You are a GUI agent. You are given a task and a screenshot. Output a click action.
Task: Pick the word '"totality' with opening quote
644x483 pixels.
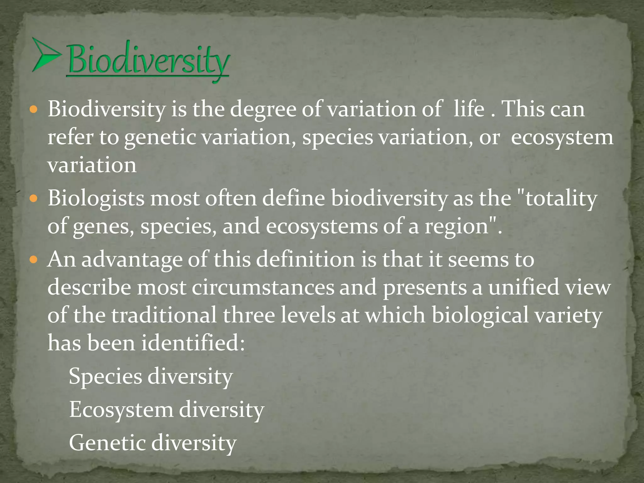coord(557,199)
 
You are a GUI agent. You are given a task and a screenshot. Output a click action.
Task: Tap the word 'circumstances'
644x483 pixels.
coord(263,287)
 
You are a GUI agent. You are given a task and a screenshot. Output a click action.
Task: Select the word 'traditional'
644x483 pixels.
coord(164,315)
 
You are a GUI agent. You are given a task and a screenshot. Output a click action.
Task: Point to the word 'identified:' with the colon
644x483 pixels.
coord(193,343)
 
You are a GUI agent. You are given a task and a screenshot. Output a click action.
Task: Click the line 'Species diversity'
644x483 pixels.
coord(150,377)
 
